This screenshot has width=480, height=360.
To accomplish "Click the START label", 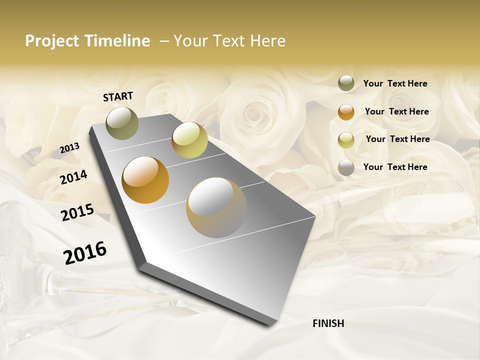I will click(118, 96).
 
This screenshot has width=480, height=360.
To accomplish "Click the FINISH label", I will click(328, 323).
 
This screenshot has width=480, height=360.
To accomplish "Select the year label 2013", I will click(70, 148).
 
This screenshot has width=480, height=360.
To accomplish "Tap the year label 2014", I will click(73, 177).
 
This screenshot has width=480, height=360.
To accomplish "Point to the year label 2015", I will click(77, 212).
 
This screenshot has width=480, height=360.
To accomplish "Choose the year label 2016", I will click(85, 253).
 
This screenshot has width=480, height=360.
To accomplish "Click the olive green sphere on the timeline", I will click(122, 123).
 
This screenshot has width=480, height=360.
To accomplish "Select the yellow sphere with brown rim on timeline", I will click(189, 140).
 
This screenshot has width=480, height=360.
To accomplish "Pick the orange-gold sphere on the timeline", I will click(145, 180).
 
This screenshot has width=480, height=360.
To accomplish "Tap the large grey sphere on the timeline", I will click(216, 207).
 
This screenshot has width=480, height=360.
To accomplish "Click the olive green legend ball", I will click(346, 83).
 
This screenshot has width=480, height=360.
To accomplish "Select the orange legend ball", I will click(346, 112).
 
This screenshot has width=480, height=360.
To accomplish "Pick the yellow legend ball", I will click(346, 140).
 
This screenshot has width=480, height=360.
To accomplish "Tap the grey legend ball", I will click(346, 167).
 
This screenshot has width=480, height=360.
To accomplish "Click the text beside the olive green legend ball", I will click(395, 84).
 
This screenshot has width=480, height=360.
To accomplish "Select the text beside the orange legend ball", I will click(396, 111).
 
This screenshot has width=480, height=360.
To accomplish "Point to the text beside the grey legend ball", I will click(395, 167).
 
